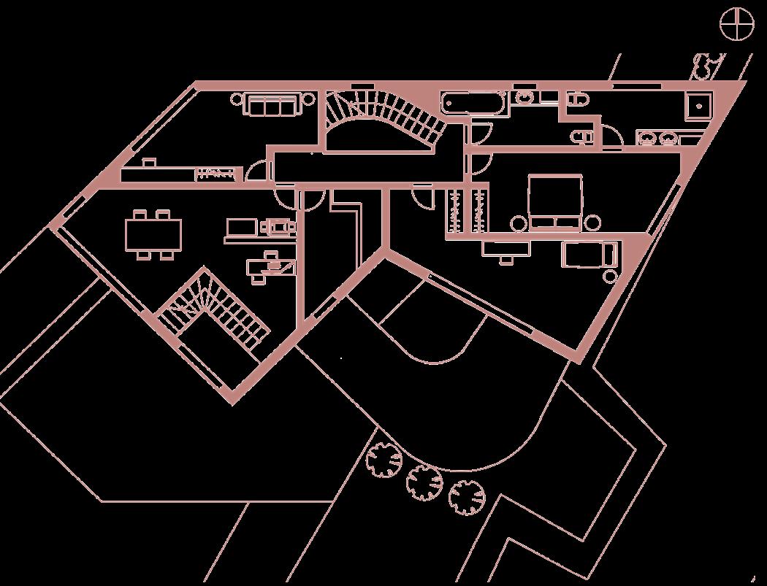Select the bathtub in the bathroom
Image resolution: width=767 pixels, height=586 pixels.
[x=473, y=102]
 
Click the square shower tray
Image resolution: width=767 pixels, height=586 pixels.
[x=699, y=106]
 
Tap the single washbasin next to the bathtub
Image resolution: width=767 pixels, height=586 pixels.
[x=524, y=98]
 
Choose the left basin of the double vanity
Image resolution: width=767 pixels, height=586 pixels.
[x=647, y=138]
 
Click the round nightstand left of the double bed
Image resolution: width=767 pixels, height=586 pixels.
[x=519, y=223]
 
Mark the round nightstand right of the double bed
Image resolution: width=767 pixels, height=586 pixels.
[x=592, y=223]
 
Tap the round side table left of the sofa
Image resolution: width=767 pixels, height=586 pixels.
[x=237, y=99]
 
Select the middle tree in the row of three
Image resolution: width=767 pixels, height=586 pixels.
[x=424, y=481]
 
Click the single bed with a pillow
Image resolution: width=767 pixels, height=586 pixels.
[x=589, y=255]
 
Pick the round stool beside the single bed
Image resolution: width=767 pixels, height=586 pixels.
[x=610, y=276]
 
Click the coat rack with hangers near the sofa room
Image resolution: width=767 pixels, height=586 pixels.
[x=218, y=174]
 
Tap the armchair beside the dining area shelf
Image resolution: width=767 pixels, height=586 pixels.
[x=278, y=227]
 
